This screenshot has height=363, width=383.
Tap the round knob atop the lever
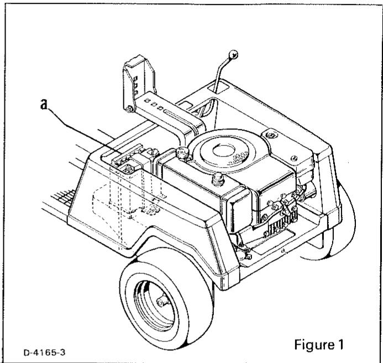point(234,54)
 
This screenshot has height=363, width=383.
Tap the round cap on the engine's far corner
point(271,134)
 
